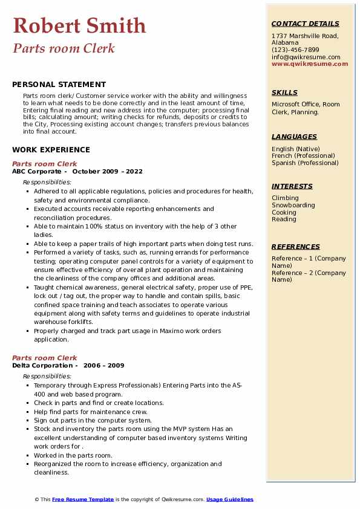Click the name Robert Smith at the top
click(79, 25)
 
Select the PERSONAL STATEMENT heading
click(59, 85)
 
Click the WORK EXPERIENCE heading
click(51, 149)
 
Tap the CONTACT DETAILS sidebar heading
click(306, 24)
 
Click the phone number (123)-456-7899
click(295, 50)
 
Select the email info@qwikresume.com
click(306, 57)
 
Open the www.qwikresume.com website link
click(310, 63)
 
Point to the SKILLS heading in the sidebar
click(284, 92)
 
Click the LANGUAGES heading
click(294, 137)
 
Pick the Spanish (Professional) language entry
click(306, 163)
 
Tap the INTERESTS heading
click(292, 186)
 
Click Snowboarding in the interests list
click(293, 205)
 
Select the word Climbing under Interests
click(285, 198)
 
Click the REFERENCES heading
click(296, 247)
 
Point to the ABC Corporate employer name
click(37, 171)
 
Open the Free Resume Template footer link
click(83, 499)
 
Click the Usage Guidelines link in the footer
click(230, 499)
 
